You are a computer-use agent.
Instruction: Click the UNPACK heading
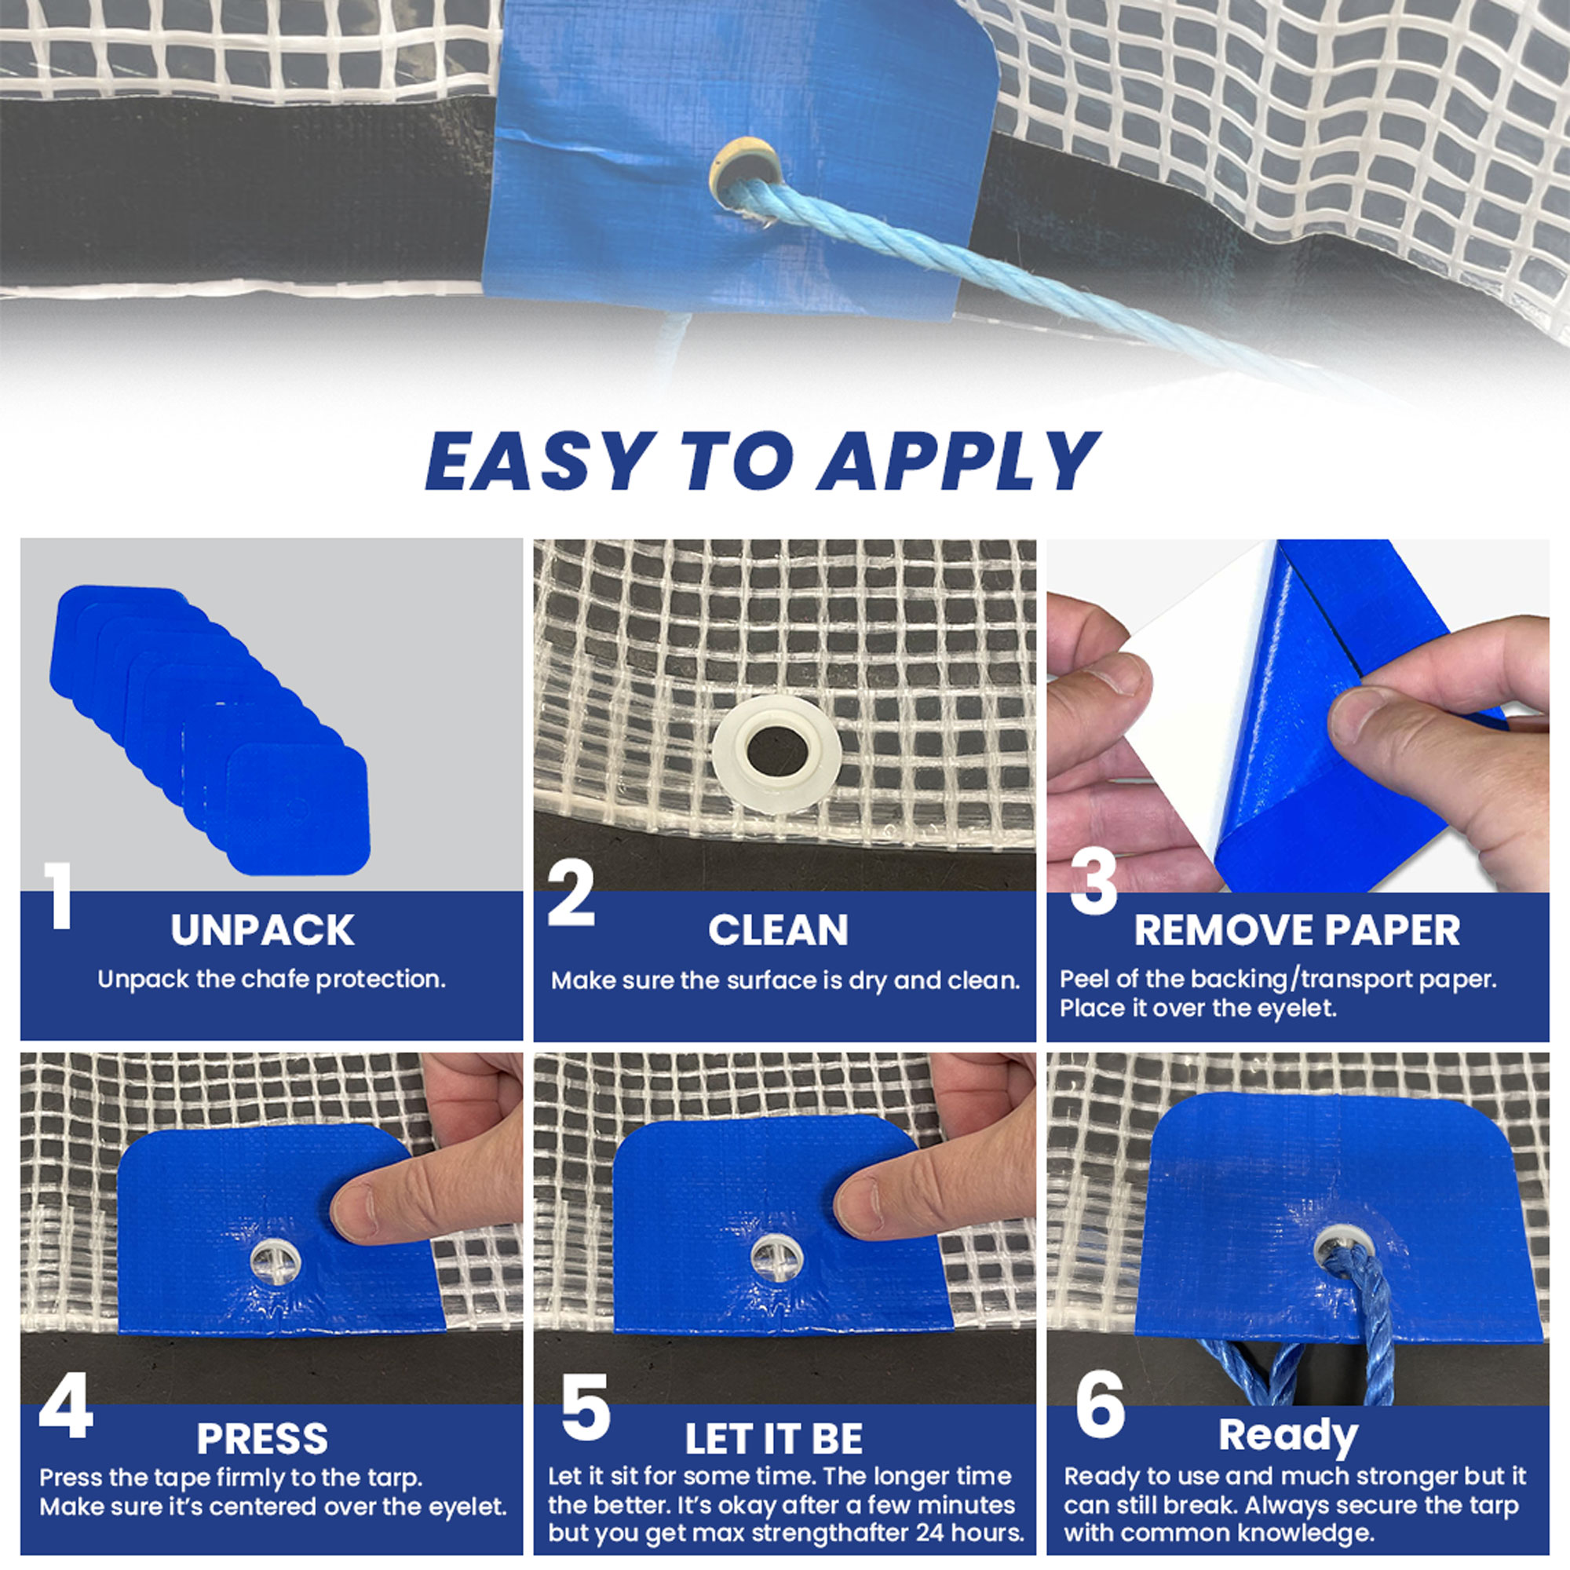262,930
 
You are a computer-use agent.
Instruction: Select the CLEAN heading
778,930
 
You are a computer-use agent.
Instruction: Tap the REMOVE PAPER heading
1297,930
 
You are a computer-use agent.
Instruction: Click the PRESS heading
262,1439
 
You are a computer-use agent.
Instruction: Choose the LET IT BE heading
774,1439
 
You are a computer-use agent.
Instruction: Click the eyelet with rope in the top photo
745,176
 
